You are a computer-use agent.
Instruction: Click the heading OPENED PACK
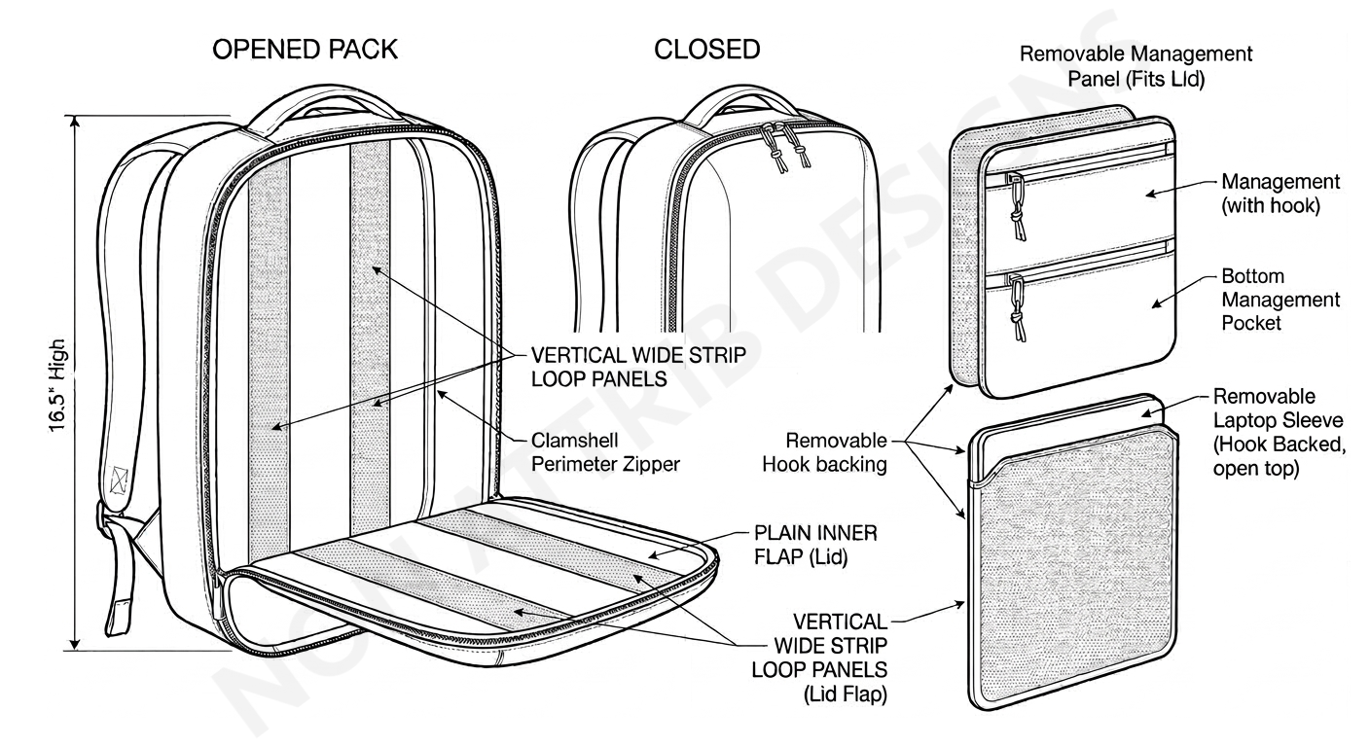[x=305, y=50]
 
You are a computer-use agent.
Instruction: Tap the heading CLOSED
[x=707, y=50]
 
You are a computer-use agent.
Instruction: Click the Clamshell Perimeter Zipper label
[x=605, y=451]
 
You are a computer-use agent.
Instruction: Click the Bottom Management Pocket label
[x=1267, y=300]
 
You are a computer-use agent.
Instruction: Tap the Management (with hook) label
[x=1280, y=193]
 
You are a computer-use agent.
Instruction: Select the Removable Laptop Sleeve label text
[x=1278, y=433]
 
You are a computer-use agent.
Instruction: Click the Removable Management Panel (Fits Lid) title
[x=1136, y=65]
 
